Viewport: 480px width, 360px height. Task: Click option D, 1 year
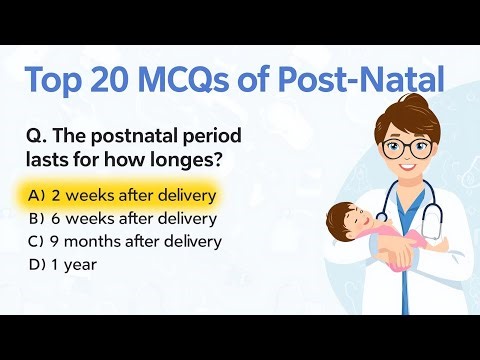70,265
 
